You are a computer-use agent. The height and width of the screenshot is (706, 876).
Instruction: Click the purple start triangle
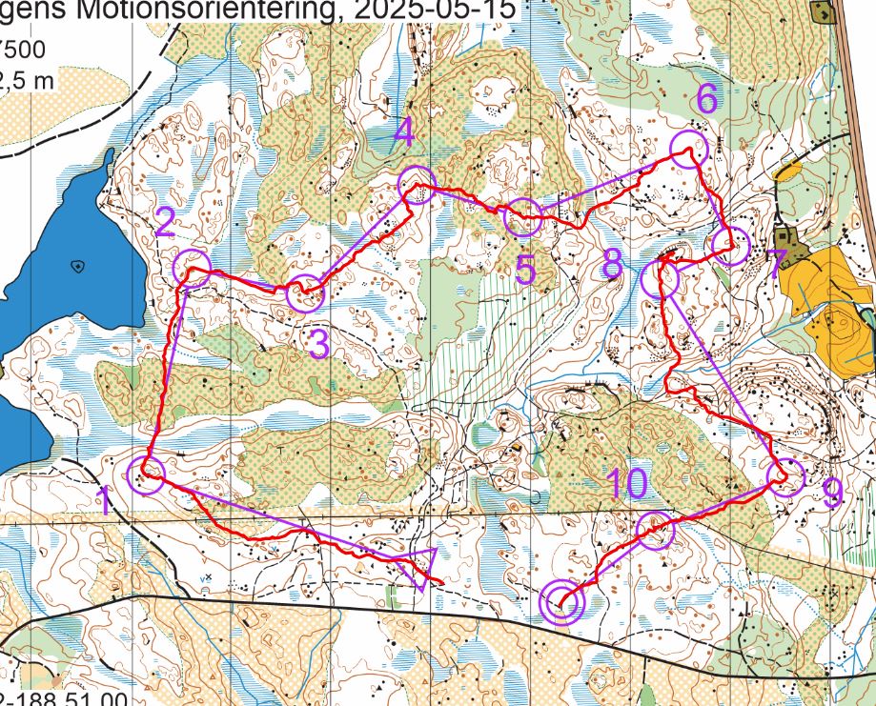[419, 565]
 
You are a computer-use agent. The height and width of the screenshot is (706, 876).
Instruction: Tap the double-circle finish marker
[561, 601]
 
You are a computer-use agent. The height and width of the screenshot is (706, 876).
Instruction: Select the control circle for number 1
[148, 472]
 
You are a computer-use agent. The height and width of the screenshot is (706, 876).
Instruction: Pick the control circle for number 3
[305, 292]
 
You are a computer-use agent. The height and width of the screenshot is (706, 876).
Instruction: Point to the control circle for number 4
[416, 182]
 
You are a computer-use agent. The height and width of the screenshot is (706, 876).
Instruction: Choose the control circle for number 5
[522, 218]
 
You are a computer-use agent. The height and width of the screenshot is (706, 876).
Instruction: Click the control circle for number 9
[785, 477]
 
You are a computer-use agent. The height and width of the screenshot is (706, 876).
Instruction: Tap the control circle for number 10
[655, 530]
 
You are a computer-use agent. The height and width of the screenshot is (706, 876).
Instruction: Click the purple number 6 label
[706, 97]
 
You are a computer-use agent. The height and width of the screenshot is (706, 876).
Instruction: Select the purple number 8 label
[612, 264]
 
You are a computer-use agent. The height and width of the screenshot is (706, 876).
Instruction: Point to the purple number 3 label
[318, 344]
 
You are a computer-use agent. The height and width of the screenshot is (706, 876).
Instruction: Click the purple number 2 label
[164, 223]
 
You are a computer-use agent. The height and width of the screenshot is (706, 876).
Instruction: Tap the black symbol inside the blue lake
[77, 267]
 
